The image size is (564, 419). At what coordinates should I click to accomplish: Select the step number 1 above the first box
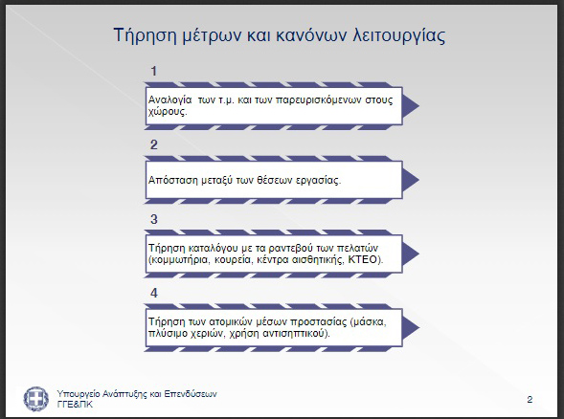click(153, 71)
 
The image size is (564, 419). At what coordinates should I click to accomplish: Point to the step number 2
click(153, 144)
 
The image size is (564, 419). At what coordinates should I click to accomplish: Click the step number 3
click(153, 219)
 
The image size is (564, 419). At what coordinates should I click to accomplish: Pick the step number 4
click(153, 293)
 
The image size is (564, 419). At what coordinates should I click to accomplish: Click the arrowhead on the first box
click(411, 105)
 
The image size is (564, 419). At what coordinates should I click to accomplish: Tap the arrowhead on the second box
click(411, 180)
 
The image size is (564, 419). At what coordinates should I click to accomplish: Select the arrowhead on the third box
click(411, 254)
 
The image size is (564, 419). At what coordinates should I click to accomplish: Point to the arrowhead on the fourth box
click(411, 328)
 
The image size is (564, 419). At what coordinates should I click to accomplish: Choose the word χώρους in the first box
click(168, 111)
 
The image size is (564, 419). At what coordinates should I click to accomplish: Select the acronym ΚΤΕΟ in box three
click(364, 259)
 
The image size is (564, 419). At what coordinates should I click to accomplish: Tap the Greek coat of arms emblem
click(36, 399)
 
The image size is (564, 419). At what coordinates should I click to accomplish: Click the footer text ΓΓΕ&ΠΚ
click(75, 405)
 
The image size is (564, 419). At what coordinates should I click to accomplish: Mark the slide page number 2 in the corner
click(530, 399)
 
